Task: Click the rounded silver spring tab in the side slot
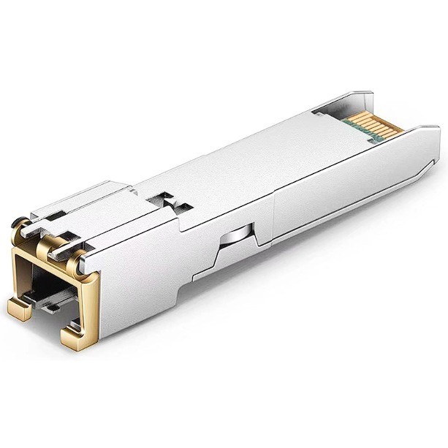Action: [x=234, y=238]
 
